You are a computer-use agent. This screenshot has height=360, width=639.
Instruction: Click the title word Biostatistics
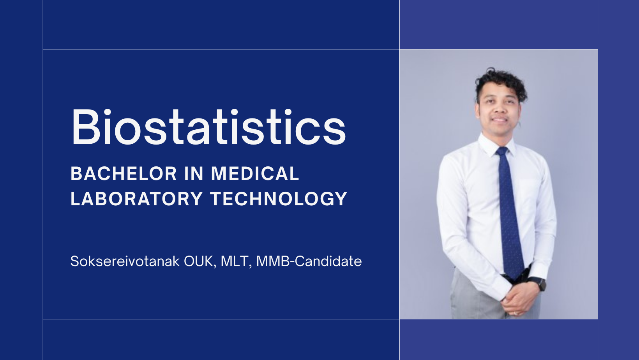(x=208, y=127)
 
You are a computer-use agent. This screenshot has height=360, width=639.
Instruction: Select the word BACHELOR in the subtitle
(x=124, y=174)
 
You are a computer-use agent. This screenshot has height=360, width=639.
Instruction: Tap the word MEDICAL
(x=255, y=174)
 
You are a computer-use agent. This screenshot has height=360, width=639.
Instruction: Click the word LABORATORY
(x=136, y=199)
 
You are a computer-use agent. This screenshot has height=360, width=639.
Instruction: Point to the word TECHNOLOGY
(x=279, y=199)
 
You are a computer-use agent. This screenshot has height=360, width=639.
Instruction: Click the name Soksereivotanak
(x=125, y=261)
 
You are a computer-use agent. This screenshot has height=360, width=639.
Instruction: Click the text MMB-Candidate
(x=309, y=261)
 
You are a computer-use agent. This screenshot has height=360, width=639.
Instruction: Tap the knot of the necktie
(x=502, y=152)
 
